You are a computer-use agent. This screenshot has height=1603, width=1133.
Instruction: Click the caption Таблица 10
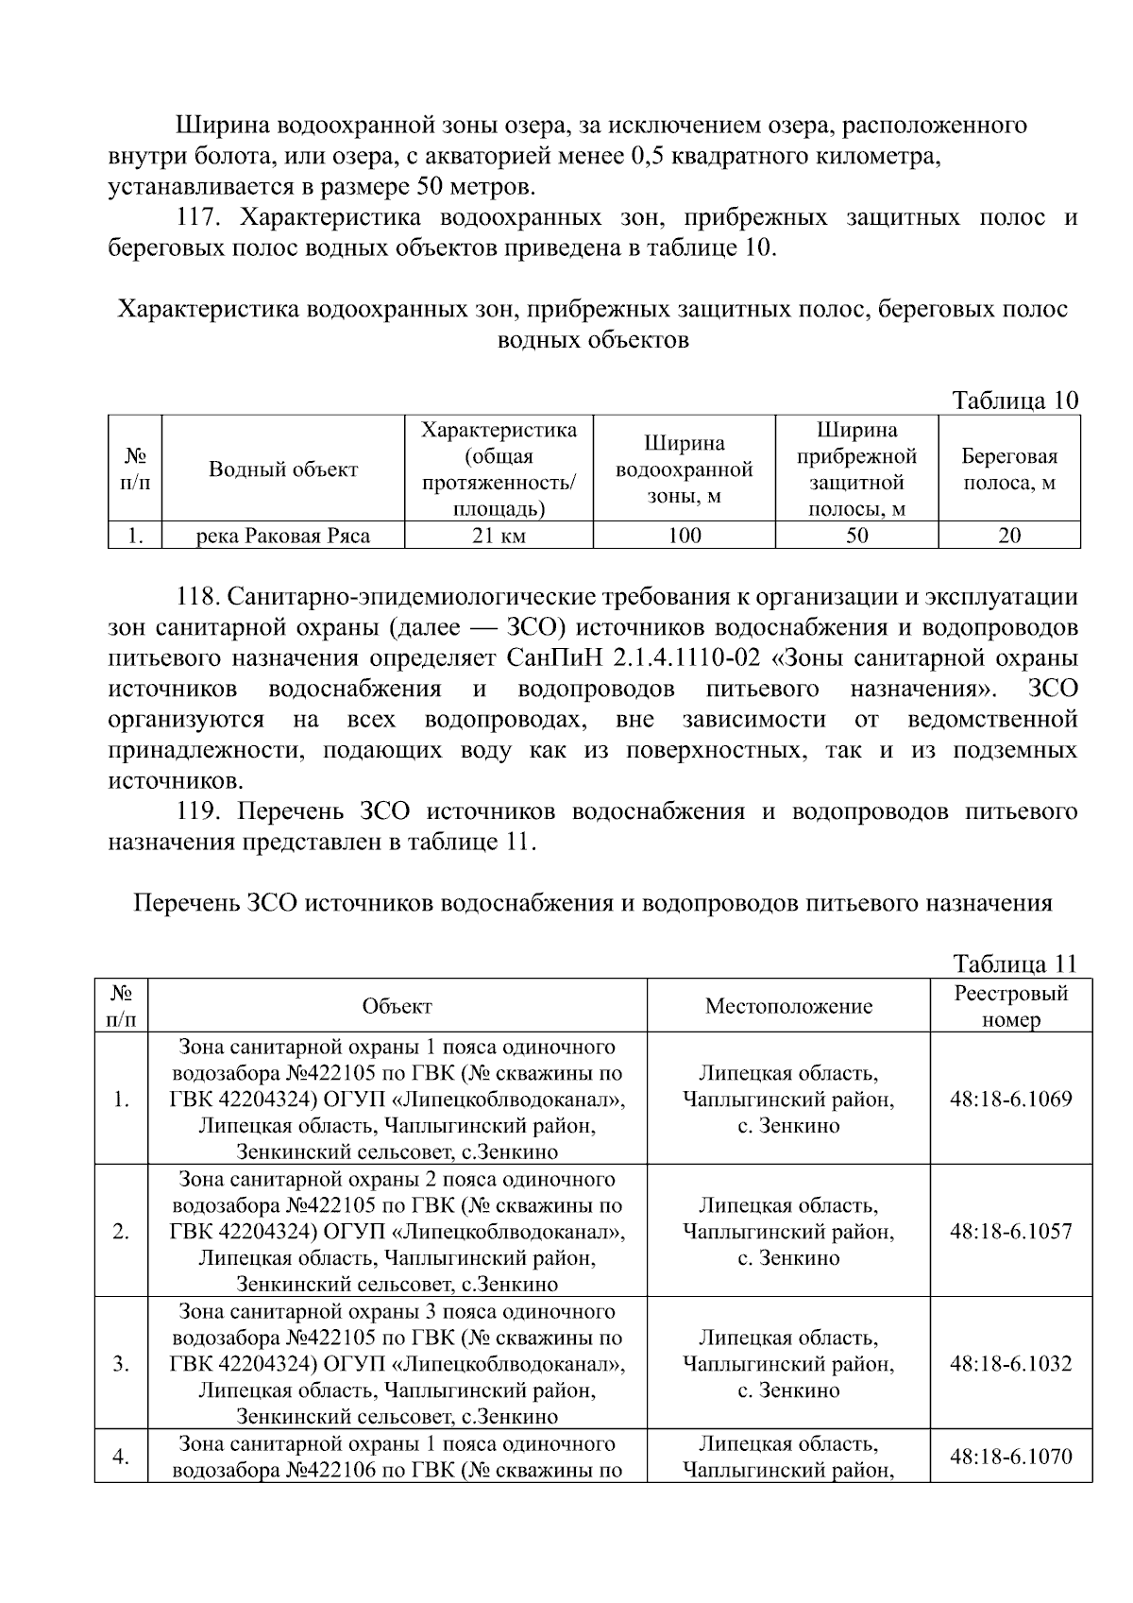pyautogui.click(x=1015, y=401)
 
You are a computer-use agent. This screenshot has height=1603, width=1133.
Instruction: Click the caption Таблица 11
pyautogui.click(x=1015, y=964)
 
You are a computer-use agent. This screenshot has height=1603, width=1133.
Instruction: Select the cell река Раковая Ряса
pyautogui.click(x=283, y=537)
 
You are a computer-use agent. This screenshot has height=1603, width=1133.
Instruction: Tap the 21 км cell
pyautogui.click(x=499, y=537)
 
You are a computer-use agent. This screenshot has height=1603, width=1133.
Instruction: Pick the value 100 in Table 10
pyautogui.click(x=684, y=537)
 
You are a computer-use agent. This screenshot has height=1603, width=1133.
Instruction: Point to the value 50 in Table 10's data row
pyautogui.click(x=856, y=537)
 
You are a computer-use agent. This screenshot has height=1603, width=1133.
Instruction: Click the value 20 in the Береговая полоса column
pyautogui.click(x=1009, y=537)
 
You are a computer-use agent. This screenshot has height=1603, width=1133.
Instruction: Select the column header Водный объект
pyautogui.click(x=283, y=469)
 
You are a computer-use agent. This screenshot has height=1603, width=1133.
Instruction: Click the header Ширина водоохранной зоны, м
pyautogui.click(x=684, y=469)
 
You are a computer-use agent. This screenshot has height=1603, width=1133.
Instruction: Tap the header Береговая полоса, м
pyautogui.click(x=1009, y=469)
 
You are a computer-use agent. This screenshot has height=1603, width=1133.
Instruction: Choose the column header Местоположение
pyautogui.click(x=788, y=1006)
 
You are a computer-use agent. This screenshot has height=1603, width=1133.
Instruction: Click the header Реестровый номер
pyautogui.click(x=1010, y=1006)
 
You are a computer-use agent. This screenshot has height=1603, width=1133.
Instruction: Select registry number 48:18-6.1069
pyautogui.click(x=1010, y=1100)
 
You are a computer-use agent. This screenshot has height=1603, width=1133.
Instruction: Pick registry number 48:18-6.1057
pyautogui.click(x=1010, y=1232)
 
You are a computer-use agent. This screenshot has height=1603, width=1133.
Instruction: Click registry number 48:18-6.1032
pyautogui.click(x=1010, y=1364)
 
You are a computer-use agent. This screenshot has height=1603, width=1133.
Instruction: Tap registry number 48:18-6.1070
pyautogui.click(x=1010, y=1457)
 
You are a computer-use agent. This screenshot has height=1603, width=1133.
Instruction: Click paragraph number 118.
pyautogui.click(x=198, y=598)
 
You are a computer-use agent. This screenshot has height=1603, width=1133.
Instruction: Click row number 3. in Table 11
pyautogui.click(x=121, y=1364)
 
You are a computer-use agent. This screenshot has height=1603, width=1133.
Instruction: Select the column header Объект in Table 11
pyautogui.click(x=397, y=1006)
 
